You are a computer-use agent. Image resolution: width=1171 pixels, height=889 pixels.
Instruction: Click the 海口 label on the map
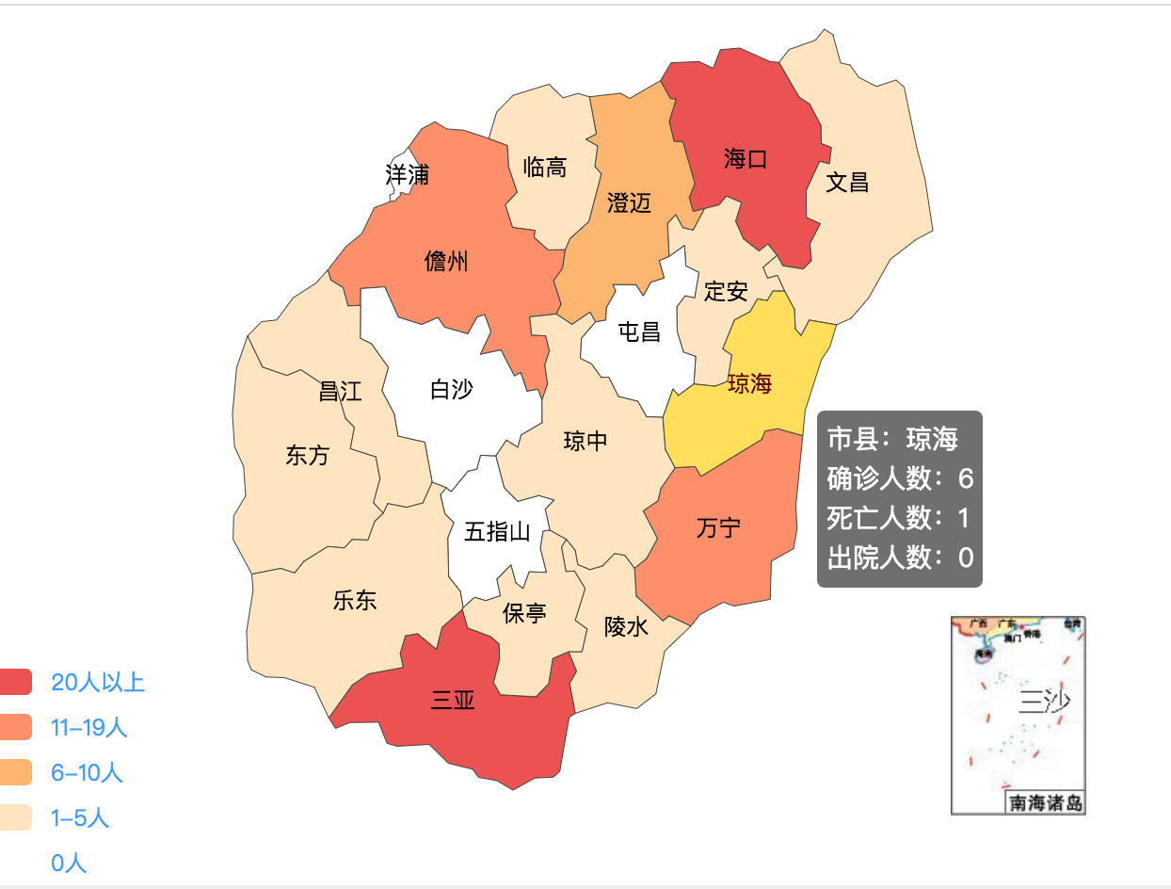click(x=746, y=159)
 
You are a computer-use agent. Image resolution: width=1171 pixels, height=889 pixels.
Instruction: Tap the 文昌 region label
click(x=846, y=183)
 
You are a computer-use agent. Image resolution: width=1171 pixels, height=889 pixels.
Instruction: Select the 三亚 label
click(x=453, y=701)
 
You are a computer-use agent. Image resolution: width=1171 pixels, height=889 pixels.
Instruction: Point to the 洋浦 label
click(x=407, y=174)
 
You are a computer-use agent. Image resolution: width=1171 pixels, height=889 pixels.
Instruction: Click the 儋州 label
click(x=446, y=262)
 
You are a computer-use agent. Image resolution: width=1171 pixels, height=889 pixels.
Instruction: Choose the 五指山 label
click(x=497, y=532)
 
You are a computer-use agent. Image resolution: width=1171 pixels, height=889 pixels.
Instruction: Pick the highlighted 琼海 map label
click(x=749, y=384)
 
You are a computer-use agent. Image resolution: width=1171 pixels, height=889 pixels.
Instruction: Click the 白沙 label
click(x=451, y=389)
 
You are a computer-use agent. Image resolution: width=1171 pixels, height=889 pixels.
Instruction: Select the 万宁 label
click(x=718, y=528)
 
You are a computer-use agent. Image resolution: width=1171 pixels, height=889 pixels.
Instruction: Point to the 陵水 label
click(x=626, y=626)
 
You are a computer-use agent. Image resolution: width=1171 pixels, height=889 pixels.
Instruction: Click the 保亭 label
click(x=524, y=614)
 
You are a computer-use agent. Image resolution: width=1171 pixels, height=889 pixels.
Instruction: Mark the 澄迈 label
click(x=629, y=202)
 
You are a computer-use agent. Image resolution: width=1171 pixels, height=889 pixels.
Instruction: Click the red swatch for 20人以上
click(x=16, y=682)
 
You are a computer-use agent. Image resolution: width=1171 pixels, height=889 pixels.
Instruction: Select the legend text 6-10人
click(x=87, y=773)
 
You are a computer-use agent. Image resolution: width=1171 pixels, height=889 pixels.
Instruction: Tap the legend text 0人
click(x=69, y=863)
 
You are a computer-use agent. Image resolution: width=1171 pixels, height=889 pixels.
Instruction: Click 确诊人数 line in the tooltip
click(x=899, y=478)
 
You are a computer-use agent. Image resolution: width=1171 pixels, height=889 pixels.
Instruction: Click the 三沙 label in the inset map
click(x=1045, y=702)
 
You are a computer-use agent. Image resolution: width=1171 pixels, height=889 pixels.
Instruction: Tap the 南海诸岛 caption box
click(x=1045, y=803)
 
